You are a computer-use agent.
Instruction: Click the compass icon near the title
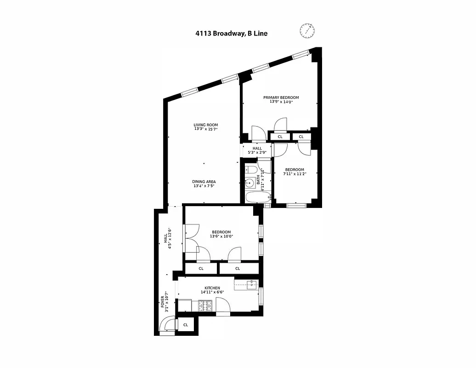(x=307, y=31)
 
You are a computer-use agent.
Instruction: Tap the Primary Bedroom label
(x=281, y=98)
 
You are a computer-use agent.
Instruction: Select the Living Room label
(x=205, y=125)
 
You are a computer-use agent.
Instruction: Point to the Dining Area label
(x=204, y=182)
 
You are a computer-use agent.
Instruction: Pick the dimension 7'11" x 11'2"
(x=294, y=174)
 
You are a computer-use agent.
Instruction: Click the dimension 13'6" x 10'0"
(x=221, y=236)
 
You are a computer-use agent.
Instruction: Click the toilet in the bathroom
(x=250, y=171)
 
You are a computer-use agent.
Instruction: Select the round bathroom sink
(x=250, y=183)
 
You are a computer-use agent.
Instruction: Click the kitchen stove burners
(x=204, y=305)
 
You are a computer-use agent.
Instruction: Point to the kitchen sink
(x=251, y=284)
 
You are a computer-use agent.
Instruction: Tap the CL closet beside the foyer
(x=186, y=325)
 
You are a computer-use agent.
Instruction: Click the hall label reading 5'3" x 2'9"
(x=257, y=152)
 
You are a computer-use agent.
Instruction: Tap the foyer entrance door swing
(x=167, y=326)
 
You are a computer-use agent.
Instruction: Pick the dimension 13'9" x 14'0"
(x=281, y=102)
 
